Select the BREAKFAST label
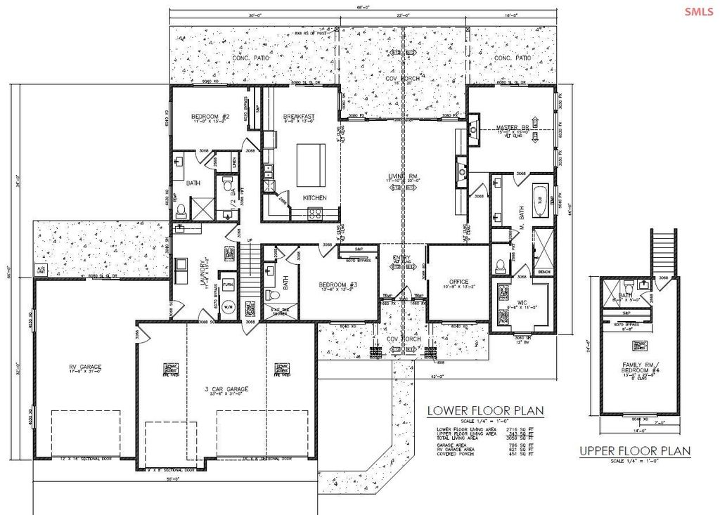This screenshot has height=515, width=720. pos(299,117)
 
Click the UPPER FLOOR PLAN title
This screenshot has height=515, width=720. pos(634,450)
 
